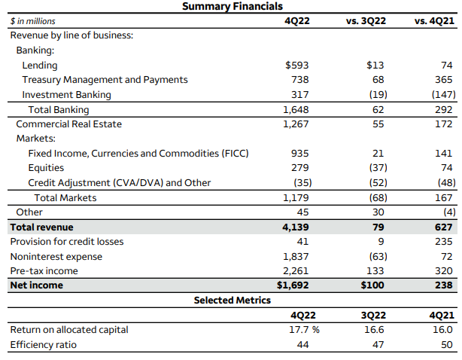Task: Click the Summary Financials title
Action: pyautogui.click(x=233, y=6)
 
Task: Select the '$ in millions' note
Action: pyautogui.click(x=33, y=21)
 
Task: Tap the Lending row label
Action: pyautogui.click(x=39, y=66)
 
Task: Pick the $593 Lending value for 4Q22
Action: pyautogui.click(x=296, y=66)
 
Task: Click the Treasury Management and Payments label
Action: pyautogui.click(x=105, y=80)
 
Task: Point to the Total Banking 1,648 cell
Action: pyautogui.click(x=295, y=110)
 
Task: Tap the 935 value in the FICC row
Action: pyautogui.click(x=299, y=154)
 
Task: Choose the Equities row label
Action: pyautogui.click(x=46, y=168)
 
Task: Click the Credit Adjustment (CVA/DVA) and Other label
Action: pyautogui.click(x=119, y=183)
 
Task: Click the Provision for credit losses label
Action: pyautogui.click(x=66, y=242)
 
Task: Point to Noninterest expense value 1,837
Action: pyautogui.click(x=295, y=257)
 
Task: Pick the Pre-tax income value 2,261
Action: pyautogui.click(x=295, y=271)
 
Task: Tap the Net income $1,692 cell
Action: pyautogui.click(x=292, y=285)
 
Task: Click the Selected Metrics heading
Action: pyautogui.click(x=232, y=301)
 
